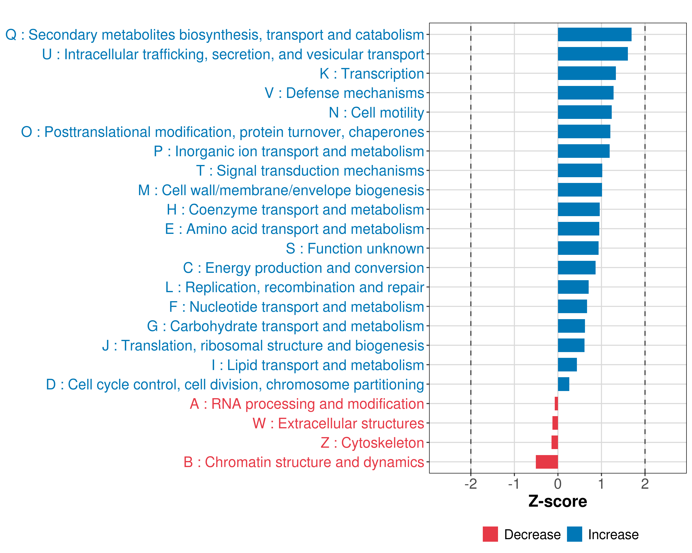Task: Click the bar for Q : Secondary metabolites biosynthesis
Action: [x=594, y=35]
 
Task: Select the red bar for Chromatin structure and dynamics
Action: [x=547, y=462]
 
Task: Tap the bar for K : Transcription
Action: [x=587, y=74]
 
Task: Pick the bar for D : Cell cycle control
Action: [x=563, y=384]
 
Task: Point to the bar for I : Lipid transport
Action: [x=567, y=365]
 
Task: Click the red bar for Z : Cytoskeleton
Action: [x=555, y=442]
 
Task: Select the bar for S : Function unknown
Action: [x=578, y=248]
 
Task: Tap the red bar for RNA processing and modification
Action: [x=556, y=404]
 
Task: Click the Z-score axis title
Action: [x=558, y=501]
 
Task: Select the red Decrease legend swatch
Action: [x=490, y=534]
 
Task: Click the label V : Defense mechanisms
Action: [x=344, y=93]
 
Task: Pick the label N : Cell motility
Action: [x=376, y=112]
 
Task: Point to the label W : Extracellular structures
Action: [x=338, y=423]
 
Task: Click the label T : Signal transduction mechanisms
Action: [x=310, y=171]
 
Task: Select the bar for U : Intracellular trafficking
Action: [x=593, y=54]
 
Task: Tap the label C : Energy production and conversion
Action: [x=303, y=268]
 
